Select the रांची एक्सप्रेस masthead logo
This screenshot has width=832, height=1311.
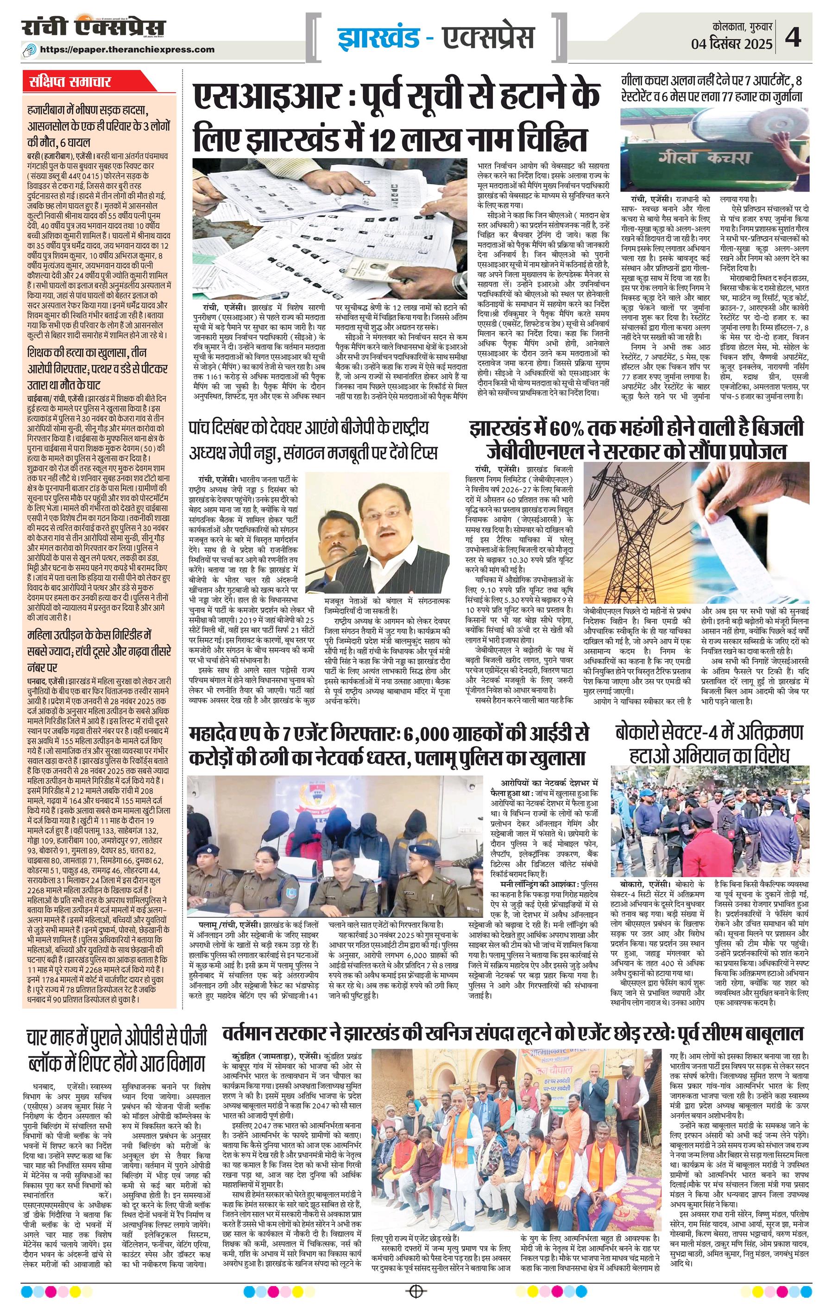tap(93, 28)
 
